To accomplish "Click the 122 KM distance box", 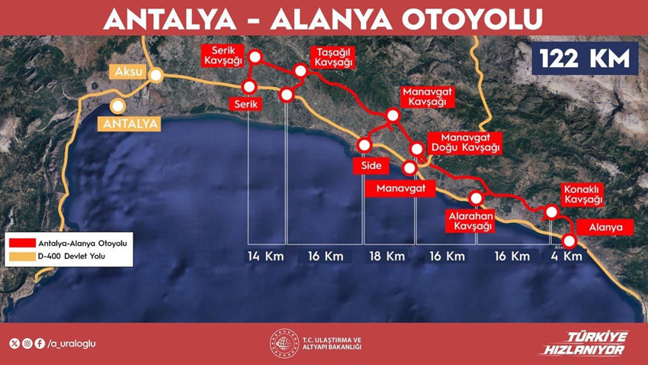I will (x=585, y=58).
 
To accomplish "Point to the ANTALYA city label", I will (x=130, y=122).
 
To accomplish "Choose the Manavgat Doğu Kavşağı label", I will (x=465, y=141).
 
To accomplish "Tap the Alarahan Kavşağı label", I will (x=471, y=221).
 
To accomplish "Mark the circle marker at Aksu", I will (x=156, y=75).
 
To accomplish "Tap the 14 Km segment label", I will (x=265, y=256).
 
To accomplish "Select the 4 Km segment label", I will (x=566, y=256).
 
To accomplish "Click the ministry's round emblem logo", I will (x=283, y=344).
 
